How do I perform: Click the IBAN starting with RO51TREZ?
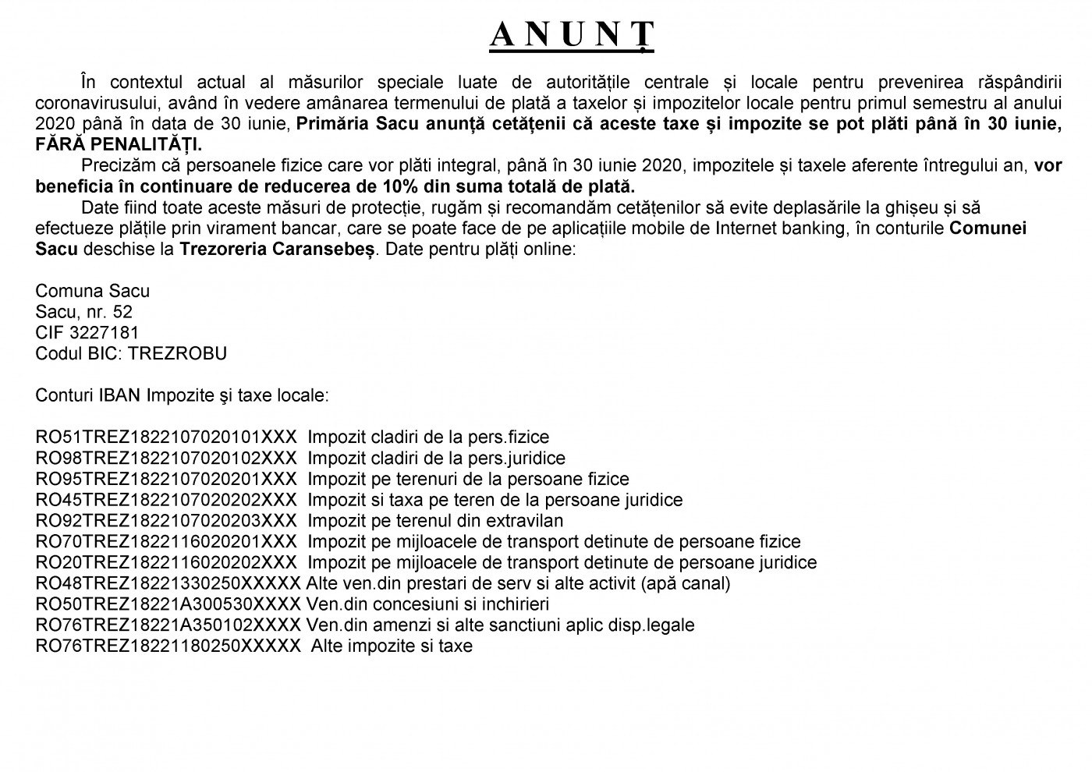pyautogui.click(x=166, y=437)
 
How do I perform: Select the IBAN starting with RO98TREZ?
pyautogui.click(x=166, y=459)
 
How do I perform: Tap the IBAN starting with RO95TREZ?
pyautogui.click(x=166, y=480)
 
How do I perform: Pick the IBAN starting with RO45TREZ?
pyautogui.click(x=166, y=500)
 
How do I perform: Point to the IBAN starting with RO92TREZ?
pyautogui.click(x=166, y=521)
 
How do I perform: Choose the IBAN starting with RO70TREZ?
pyautogui.click(x=166, y=542)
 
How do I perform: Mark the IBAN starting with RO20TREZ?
pyautogui.click(x=166, y=562)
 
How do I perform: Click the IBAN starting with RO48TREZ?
pyautogui.click(x=168, y=583)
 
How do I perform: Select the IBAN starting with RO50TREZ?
pyautogui.click(x=168, y=604)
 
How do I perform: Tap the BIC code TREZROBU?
pyautogui.click(x=178, y=354)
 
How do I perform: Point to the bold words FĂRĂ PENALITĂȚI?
pyautogui.click(x=119, y=145)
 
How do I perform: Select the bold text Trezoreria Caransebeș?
pyautogui.click(x=278, y=250)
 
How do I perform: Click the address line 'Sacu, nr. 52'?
pyautogui.click(x=84, y=312)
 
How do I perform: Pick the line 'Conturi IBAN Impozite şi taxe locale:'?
pyautogui.click(x=183, y=395)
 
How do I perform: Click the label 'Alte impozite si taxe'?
pyautogui.click(x=392, y=646)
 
